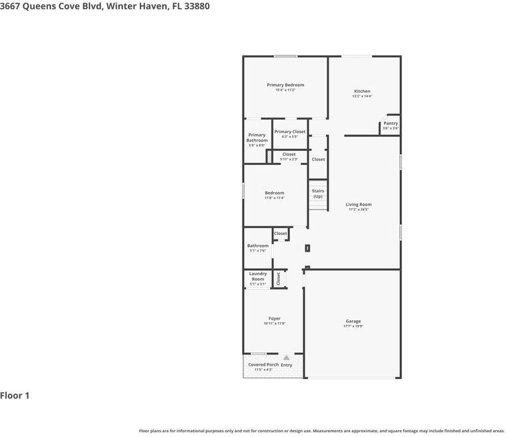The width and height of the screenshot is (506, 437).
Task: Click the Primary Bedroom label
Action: pos(285,85)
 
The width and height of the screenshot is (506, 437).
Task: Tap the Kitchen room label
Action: pos(362,91)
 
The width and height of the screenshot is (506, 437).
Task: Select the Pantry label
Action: pos(390,123)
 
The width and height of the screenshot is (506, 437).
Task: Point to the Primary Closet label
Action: pos(289,131)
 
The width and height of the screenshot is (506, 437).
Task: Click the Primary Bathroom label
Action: pos(257,138)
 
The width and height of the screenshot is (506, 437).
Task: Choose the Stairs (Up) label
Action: pos(318,193)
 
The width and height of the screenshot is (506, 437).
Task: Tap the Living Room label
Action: pos(359,205)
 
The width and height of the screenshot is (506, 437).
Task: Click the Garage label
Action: pos(353,322)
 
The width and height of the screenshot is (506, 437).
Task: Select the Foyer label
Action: pos(274,319)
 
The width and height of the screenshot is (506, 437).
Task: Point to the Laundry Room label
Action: pos(258,276)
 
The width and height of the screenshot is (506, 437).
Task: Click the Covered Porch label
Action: pos(263,365)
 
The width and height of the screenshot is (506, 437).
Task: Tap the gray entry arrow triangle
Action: pos(287,358)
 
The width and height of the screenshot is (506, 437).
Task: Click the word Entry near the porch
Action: pos(287,365)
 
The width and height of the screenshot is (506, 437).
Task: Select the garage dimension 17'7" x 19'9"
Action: pos(353,326)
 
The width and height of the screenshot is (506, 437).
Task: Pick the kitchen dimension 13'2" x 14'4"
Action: pos(362,96)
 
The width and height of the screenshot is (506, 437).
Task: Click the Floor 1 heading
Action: pos(15,396)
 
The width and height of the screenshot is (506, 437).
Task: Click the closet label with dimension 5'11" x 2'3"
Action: pos(289,154)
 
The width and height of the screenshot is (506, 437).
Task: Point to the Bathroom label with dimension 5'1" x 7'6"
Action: pos(257,246)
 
